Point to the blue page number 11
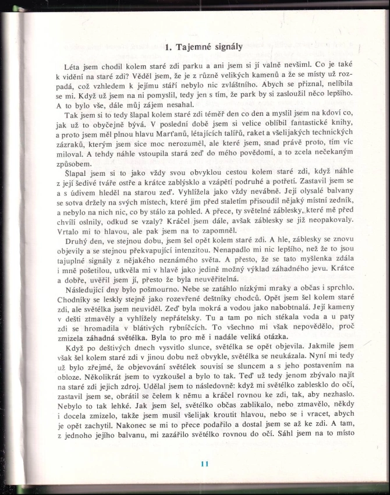click(x=204, y=464)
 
